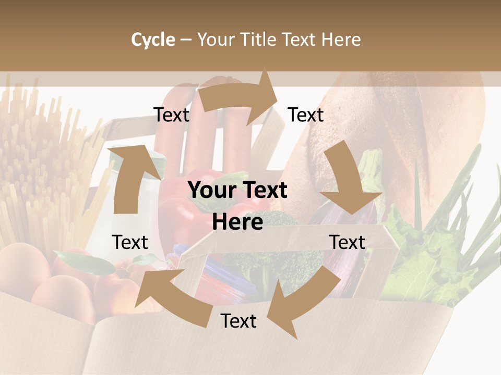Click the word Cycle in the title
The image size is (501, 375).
[153, 40]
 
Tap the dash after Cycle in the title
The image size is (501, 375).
[186, 40]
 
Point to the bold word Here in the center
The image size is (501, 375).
[237, 222]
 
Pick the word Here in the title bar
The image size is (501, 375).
[341, 40]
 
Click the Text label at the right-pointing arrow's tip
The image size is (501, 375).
[306, 115]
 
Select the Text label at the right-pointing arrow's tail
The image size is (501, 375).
[171, 115]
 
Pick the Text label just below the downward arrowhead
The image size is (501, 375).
[347, 242]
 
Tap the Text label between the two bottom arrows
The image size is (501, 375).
[238, 321]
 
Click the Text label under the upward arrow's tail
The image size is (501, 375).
[130, 242]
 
